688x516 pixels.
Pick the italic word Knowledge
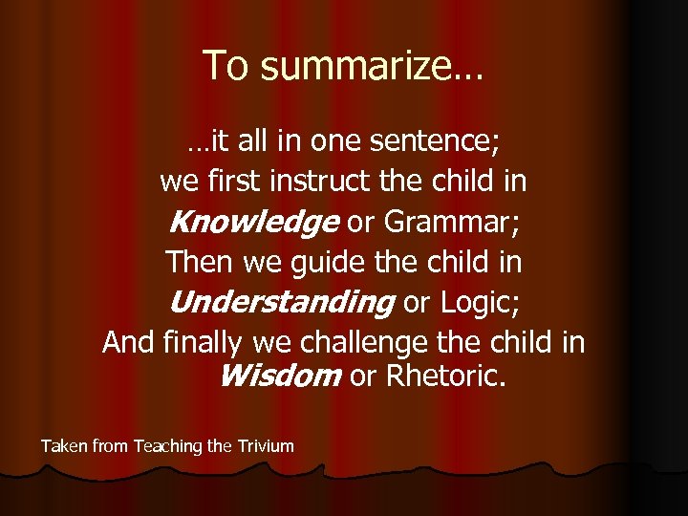click(x=252, y=222)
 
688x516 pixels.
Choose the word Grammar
click(x=450, y=222)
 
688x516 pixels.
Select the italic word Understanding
click(x=280, y=302)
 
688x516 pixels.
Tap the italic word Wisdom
click(x=279, y=376)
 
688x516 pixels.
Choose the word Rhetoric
click(x=444, y=376)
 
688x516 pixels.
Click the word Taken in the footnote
click(x=63, y=445)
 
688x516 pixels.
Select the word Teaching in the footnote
click(x=167, y=445)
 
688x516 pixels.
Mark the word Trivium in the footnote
click(x=265, y=445)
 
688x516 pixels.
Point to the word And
click(x=127, y=341)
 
